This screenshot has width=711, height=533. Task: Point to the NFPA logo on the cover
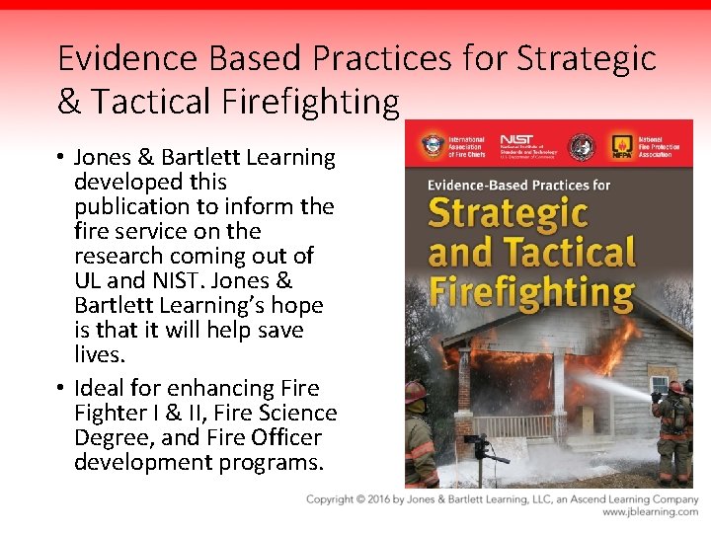click(622, 146)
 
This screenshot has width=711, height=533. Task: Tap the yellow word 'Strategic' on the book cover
click(508, 212)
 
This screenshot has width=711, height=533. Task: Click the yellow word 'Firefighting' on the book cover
click(530, 292)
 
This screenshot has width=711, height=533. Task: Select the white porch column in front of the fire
click(559, 395)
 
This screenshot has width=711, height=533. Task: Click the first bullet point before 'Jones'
click(61, 158)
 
